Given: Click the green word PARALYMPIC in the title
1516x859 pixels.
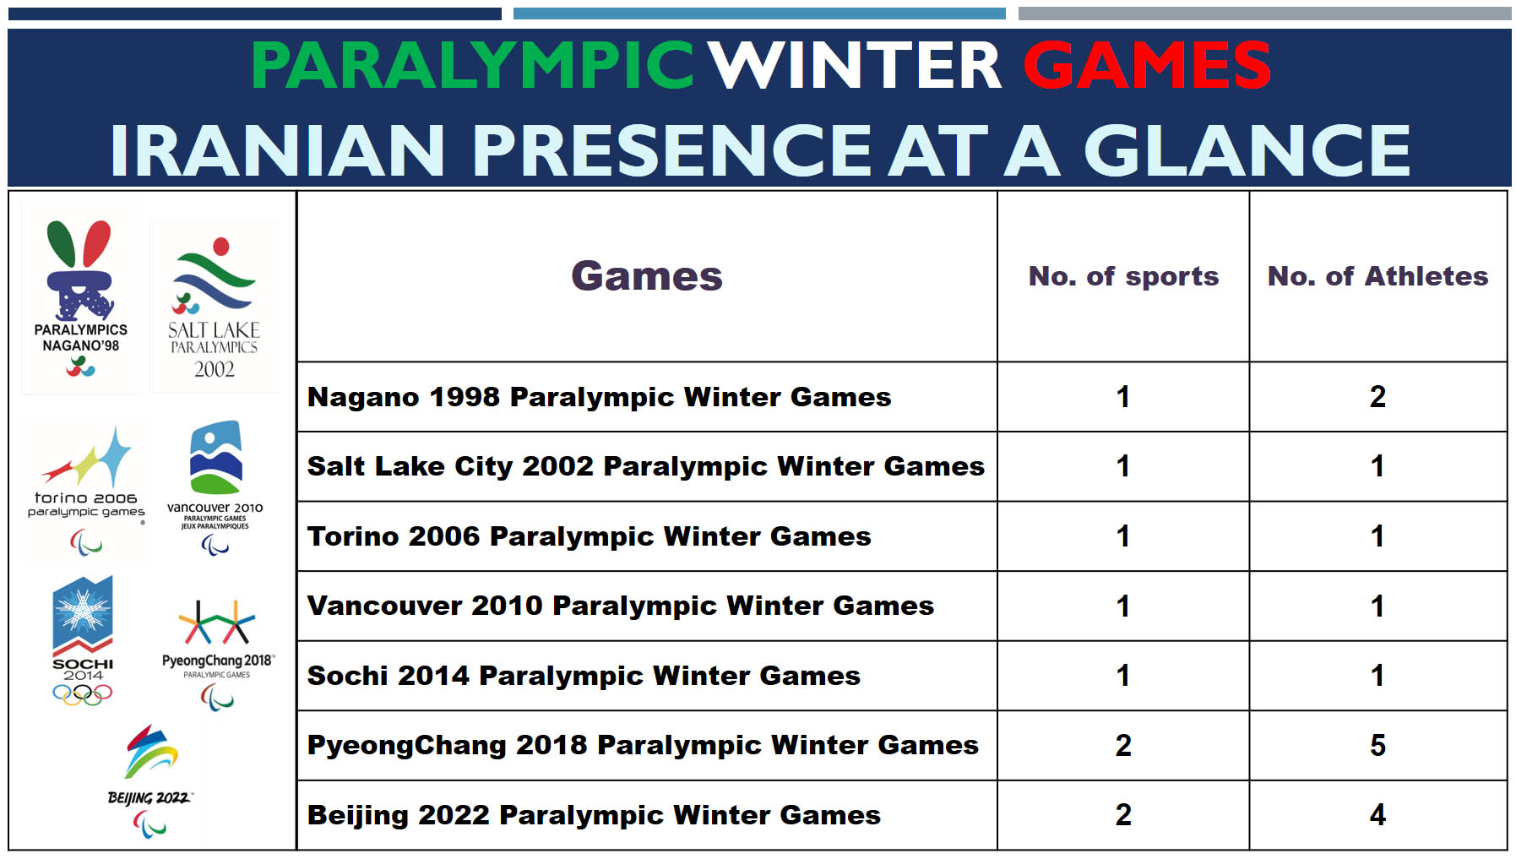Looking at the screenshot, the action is (x=472, y=65).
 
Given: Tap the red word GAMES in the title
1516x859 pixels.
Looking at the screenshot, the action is (x=1147, y=65).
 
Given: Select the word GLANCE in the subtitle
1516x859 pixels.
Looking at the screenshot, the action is (x=1247, y=150).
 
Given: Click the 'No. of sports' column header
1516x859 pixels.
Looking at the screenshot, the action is (x=1123, y=276).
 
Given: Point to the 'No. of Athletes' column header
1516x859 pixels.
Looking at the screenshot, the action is (x=1377, y=276).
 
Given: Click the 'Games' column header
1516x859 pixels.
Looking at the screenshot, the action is (x=647, y=275).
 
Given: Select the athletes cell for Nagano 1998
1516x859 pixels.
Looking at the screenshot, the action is (x=1377, y=397).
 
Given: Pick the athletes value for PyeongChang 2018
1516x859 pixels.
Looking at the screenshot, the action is (x=1377, y=745).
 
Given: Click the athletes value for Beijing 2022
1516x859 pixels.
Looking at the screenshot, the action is (x=1377, y=814).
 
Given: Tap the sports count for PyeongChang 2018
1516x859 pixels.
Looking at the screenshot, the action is (x=1123, y=745).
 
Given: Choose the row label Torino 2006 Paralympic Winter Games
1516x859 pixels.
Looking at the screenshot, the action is (x=590, y=536).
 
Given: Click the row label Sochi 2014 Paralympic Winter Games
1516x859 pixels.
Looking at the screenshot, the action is (x=584, y=676).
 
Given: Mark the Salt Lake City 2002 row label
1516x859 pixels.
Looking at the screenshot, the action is (x=646, y=466).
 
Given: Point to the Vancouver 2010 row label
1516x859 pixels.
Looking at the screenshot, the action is (x=621, y=606).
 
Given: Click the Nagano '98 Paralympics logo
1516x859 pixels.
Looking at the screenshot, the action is (x=81, y=298).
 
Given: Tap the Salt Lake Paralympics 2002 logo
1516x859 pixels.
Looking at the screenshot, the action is (x=215, y=307).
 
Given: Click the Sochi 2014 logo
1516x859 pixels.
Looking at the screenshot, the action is (x=83, y=640).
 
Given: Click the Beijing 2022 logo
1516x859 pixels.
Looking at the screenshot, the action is (x=150, y=780).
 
